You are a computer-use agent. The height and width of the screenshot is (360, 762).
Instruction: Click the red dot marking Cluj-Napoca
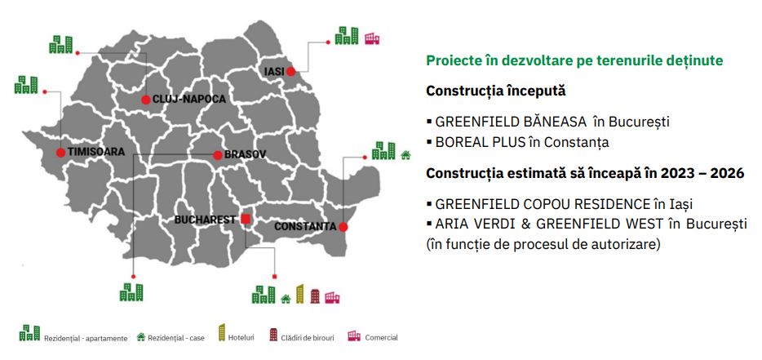pyautogui.click(x=146, y=100)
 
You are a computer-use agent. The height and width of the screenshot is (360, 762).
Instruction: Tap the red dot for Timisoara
pyautogui.click(x=60, y=153)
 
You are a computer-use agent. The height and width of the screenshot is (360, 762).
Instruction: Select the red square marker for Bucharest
pyautogui.click(x=246, y=219)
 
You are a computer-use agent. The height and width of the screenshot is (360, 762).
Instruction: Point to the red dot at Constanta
pyautogui.click(x=343, y=227)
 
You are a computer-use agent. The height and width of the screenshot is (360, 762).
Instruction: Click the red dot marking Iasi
pyautogui.click(x=290, y=72)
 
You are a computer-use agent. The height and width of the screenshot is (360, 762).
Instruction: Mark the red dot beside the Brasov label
pyautogui.click(x=218, y=155)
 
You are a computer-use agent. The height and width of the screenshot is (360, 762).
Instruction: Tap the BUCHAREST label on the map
pyautogui.click(x=205, y=220)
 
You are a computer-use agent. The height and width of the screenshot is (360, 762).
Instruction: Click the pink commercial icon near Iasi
pyautogui.click(x=372, y=38)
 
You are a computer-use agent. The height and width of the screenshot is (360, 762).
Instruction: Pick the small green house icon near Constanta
pyautogui.click(x=405, y=155)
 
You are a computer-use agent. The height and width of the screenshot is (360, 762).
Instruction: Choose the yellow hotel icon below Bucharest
pyautogui.click(x=300, y=294)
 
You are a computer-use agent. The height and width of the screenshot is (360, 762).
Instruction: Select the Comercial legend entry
pyautogui.click(x=373, y=336)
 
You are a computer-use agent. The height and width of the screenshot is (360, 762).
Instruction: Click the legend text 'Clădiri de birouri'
pyautogui.click(x=301, y=336)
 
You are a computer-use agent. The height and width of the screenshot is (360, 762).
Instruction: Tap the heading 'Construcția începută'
pyautogui.click(x=496, y=91)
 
